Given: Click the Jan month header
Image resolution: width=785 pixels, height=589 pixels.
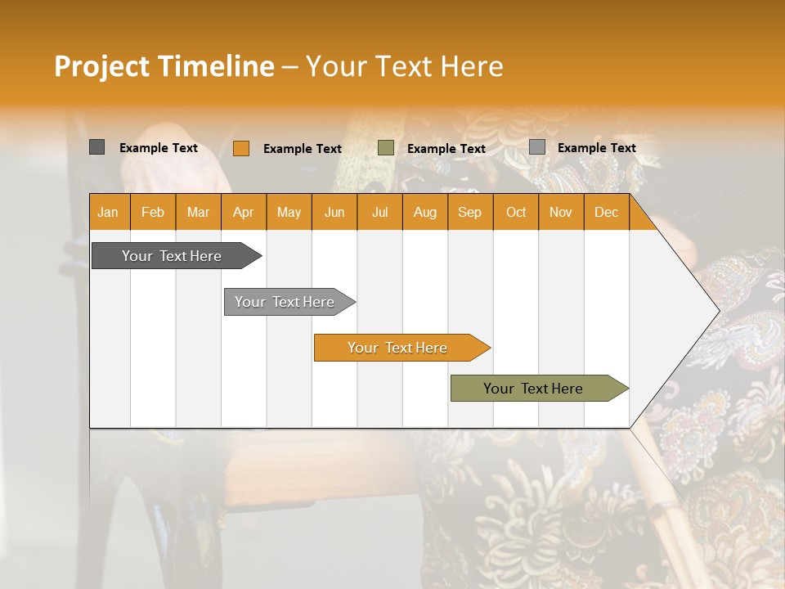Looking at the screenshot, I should (109, 212).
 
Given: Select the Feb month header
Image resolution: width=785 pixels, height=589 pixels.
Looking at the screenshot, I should (153, 212).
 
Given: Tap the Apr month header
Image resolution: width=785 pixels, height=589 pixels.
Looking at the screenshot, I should (243, 212).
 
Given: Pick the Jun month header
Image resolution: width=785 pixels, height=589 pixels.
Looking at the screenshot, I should (334, 212).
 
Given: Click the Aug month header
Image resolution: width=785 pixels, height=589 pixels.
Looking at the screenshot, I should (424, 212).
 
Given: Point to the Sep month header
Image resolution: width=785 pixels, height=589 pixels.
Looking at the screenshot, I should (469, 212).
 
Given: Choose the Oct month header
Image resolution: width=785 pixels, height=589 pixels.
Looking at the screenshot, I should (516, 212).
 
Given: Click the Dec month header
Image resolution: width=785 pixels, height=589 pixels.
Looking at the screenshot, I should (606, 212).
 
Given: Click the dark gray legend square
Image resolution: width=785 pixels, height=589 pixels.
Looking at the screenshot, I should (96, 147).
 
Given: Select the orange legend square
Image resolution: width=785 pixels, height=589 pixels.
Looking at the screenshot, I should (240, 148).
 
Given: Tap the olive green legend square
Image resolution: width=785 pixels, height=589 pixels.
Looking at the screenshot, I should (386, 148).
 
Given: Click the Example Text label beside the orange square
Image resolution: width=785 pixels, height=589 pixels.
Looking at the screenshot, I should (302, 149).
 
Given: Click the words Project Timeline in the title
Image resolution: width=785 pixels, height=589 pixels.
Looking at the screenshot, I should (164, 66).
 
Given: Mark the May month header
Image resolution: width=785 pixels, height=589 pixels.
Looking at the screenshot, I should (289, 212).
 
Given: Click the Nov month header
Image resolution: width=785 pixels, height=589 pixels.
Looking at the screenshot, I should (560, 212).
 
